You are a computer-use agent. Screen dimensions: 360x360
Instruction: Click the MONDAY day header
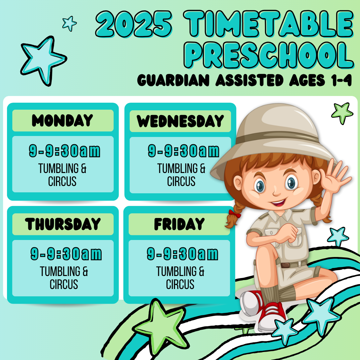click(x=62, y=120)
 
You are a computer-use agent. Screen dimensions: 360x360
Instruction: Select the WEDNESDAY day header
click(x=180, y=121)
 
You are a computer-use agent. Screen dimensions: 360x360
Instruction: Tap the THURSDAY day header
click(x=63, y=224)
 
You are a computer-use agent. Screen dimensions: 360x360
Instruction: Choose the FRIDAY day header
click(x=179, y=224)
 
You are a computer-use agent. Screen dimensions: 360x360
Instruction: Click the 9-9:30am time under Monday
click(x=65, y=151)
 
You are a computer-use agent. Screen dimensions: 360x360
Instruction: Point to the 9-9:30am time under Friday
click(x=183, y=254)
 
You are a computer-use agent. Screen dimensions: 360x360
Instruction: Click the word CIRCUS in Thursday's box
click(x=64, y=284)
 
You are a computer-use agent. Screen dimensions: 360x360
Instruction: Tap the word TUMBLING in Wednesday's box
click(x=177, y=168)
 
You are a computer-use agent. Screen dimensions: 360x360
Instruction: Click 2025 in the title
click(x=134, y=24)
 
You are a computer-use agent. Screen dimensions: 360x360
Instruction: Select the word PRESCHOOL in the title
click(x=269, y=55)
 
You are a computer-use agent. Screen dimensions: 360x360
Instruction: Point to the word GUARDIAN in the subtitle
click(x=173, y=80)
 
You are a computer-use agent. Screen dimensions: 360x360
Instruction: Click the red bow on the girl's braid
click(x=235, y=214)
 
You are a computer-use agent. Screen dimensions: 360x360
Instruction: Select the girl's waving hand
click(x=335, y=177)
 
